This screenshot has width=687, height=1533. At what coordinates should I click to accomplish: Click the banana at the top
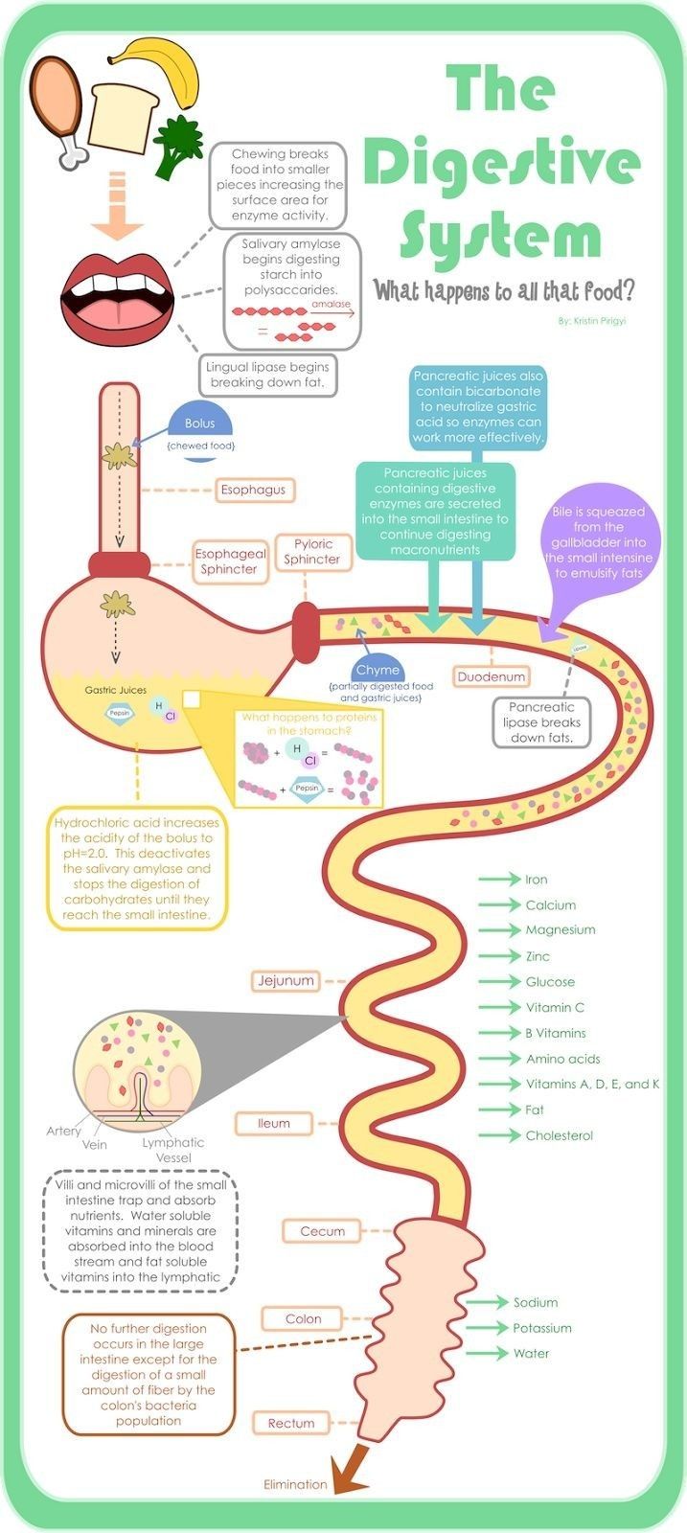(x=168, y=67)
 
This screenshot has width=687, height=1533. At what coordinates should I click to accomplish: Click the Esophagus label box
(x=253, y=490)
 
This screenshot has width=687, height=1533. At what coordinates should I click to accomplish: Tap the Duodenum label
(x=491, y=676)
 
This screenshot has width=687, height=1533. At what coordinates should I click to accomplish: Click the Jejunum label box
(x=286, y=980)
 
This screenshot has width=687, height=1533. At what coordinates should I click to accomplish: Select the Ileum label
(x=273, y=1123)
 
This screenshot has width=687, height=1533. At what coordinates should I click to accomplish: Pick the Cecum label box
(x=322, y=1231)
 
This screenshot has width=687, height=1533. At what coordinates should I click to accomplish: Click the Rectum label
(x=291, y=1423)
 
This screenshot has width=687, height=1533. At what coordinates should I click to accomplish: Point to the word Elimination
(x=295, y=1484)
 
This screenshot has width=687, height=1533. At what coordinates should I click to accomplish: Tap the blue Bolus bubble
(x=199, y=423)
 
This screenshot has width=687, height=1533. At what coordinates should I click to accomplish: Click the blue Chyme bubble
(x=377, y=670)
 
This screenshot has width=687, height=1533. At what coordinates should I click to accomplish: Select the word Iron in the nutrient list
(x=536, y=879)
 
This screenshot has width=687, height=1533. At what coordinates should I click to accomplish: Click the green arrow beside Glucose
(x=498, y=981)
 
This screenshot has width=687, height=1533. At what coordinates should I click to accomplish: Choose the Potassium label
(x=541, y=1328)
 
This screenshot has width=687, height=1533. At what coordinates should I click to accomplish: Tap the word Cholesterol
(x=559, y=1135)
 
